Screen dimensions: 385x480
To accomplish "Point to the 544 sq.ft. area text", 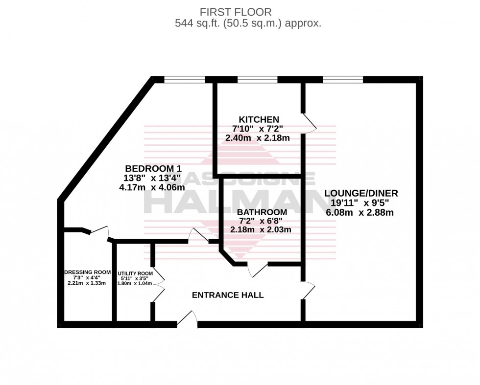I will click(248, 23).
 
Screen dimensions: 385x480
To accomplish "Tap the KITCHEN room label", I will click(259, 119).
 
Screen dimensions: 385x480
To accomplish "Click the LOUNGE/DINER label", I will click(361, 193).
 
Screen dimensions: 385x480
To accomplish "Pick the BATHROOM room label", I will click(262, 212).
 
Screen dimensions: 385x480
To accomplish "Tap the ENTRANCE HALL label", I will click(227, 295).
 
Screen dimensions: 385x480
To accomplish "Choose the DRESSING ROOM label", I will click(86, 272).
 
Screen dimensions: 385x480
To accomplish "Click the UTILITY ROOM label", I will click(135, 273).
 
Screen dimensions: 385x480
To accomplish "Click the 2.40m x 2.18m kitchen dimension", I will click(257, 138).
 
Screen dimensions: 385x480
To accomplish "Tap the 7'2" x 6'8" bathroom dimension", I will click(262, 221).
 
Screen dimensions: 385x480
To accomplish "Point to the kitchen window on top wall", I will click(258, 79).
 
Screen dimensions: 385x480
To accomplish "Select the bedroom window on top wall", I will click(184, 79).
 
